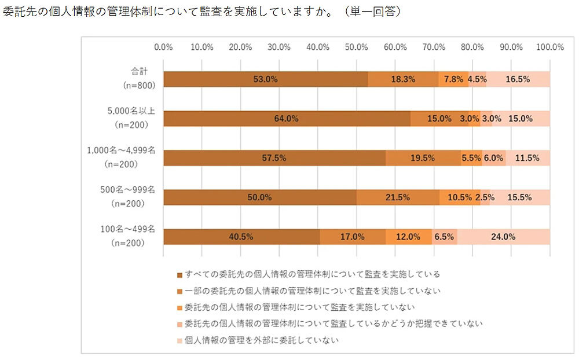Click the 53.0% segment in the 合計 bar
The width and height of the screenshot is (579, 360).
point(266,79)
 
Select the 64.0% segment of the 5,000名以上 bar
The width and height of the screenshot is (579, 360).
point(287,119)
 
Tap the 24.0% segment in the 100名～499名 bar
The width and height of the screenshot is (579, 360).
point(503,237)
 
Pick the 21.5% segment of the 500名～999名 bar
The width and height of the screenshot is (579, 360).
point(398,197)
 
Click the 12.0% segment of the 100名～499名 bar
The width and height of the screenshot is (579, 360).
point(409,237)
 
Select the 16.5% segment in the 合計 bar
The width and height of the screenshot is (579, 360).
point(518,79)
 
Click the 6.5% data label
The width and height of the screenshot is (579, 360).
point(444,237)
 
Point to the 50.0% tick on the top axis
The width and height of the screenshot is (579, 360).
point(357,47)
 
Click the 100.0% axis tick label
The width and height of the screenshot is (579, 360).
point(550,47)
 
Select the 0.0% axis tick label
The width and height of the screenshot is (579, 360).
point(164,47)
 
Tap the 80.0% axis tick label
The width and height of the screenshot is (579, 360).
point(472,47)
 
